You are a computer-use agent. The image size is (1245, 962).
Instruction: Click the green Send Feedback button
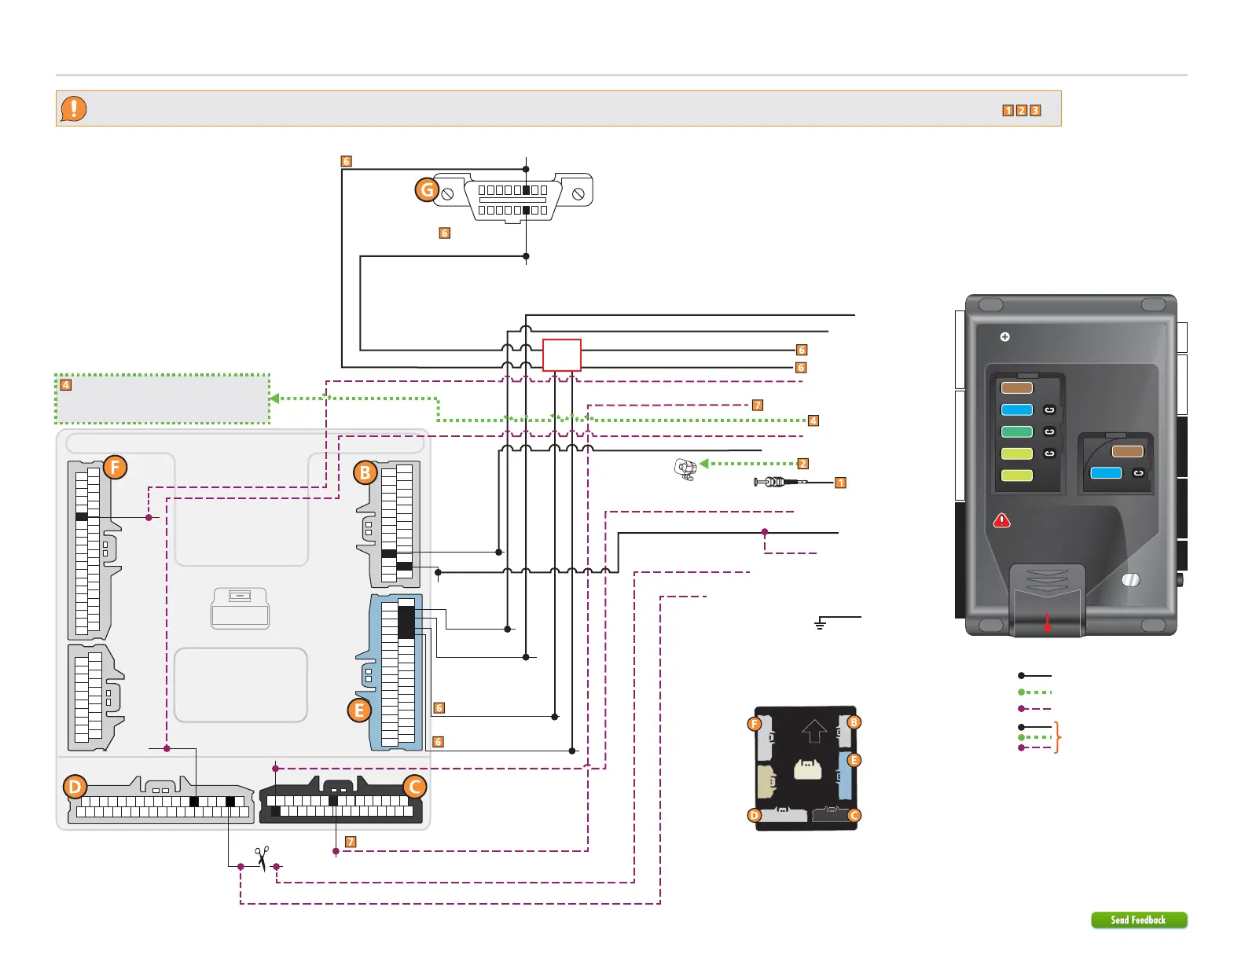coord(1138,920)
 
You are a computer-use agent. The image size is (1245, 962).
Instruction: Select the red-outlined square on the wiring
coord(562,355)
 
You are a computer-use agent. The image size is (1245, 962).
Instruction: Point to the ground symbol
coord(821,624)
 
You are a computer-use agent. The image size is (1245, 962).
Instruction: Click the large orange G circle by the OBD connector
coord(427,189)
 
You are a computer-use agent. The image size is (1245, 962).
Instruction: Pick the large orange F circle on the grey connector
coord(115,468)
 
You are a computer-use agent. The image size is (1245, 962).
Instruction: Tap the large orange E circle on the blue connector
coord(359,710)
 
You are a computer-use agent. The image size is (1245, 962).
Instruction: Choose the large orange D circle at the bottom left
coord(75,787)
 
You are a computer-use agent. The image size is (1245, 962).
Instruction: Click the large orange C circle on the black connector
coord(414,787)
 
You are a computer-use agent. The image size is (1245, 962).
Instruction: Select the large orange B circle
coord(365,473)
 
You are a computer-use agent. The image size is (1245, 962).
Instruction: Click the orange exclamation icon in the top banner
coord(74,108)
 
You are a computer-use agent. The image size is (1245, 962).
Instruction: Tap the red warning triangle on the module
coord(1002,520)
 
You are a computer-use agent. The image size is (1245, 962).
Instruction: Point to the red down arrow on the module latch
coord(1047,623)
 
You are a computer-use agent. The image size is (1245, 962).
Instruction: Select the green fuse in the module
coord(1016,431)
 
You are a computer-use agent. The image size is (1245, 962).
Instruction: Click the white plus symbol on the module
coord(1004,337)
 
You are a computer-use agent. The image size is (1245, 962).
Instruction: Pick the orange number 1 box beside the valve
coord(840,483)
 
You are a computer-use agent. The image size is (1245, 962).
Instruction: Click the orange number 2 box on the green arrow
coord(802,464)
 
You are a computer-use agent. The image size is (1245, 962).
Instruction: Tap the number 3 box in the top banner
coord(1035,111)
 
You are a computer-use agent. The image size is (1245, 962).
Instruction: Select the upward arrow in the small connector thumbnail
coord(814,731)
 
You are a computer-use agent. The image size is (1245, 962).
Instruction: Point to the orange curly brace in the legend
coord(1058,737)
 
